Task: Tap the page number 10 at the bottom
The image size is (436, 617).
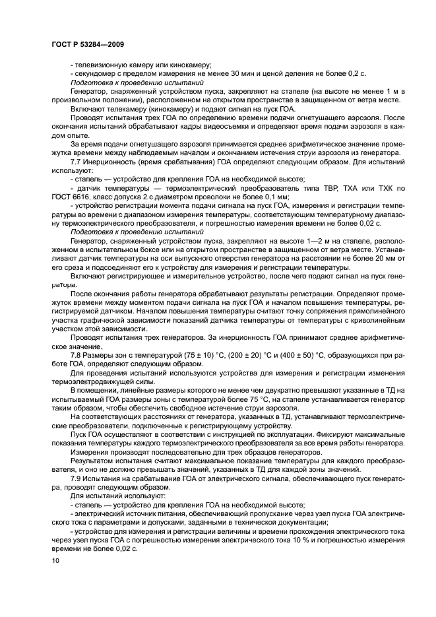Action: (x=55, y=561)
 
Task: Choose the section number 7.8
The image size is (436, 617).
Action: (x=77, y=354)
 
